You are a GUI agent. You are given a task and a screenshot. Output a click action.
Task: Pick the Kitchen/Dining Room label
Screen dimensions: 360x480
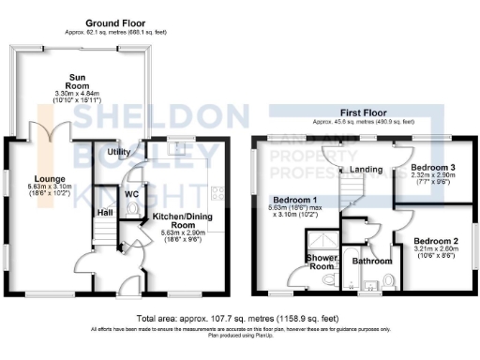point(172,221)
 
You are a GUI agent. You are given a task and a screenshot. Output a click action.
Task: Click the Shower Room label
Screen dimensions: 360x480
point(321,262)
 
